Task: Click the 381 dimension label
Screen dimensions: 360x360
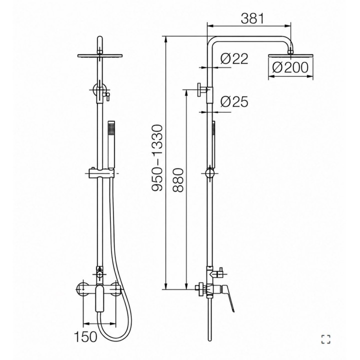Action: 252,18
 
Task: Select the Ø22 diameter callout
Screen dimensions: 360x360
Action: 234,58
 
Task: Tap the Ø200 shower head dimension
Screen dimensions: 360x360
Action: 290,67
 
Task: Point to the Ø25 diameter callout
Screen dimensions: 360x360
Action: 234,101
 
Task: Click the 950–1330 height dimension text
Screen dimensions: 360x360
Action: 157,157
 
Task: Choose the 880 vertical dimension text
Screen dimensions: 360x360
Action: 178,180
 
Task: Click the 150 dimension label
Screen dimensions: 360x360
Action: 85,337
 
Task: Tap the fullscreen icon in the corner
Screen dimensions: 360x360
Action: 326,339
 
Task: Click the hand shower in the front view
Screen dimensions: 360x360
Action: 111,144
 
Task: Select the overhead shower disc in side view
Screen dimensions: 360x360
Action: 290,56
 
